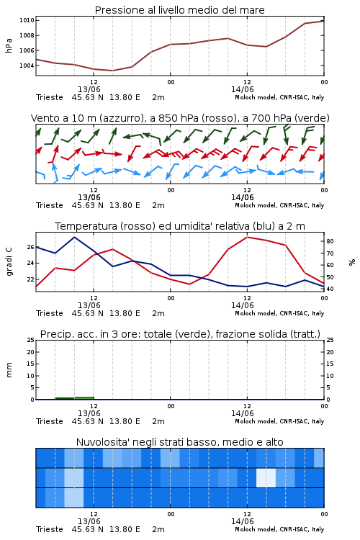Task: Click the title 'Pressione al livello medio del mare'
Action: click(179, 10)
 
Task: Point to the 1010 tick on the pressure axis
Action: click(27, 20)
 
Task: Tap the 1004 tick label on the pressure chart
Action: click(27, 66)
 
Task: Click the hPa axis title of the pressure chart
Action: click(9, 45)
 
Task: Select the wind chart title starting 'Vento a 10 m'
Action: click(180, 118)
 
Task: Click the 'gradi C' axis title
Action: click(9, 262)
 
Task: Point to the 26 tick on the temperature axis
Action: click(31, 247)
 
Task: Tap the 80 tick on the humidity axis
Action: click(330, 241)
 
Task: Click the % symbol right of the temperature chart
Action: click(352, 262)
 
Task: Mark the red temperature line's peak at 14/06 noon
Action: click(248, 237)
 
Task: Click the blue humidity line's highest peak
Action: click(74, 237)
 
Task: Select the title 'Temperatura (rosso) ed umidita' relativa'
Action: click(180, 226)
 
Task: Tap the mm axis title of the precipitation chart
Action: click(9, 370)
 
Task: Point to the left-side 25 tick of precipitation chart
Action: click(31, 340)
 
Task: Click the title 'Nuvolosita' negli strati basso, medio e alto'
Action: click(179, 442)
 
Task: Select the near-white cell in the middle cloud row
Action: click(266, 477)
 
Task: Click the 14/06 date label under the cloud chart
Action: click(242, 521)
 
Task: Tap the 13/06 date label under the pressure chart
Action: click(89, 89)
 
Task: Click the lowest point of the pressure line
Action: click(112, 71)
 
